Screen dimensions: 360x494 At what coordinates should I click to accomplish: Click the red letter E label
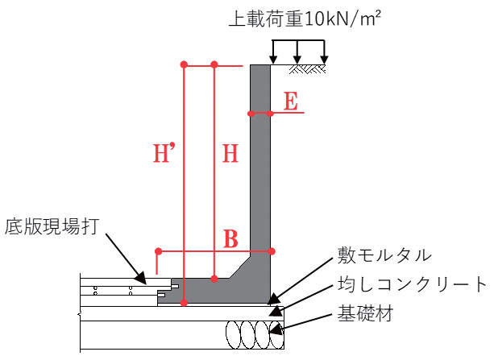(292, 101)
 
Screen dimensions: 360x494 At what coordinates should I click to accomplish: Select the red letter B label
(230, 238)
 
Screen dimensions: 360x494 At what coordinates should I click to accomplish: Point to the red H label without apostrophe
(230, 154)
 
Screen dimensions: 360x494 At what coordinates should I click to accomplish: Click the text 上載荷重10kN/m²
(305, 19)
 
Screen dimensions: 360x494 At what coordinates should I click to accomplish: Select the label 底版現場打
(52, 225)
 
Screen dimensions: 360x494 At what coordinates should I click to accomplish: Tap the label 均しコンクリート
(412, 284)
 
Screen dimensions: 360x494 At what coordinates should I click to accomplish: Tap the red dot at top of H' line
(185, 64)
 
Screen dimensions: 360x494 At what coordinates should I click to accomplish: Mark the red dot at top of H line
(214, 64)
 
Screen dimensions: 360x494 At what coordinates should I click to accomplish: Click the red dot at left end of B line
(158, 250)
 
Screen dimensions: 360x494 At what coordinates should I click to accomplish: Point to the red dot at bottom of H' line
(185, 303)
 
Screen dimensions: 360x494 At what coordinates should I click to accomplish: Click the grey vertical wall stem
(260, 161)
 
